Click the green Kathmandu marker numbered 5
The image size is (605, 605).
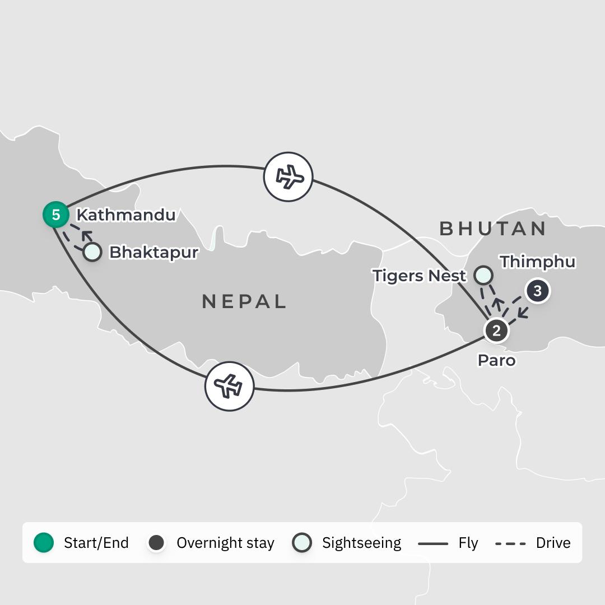(56, 215)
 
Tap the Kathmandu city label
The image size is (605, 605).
(125, 215)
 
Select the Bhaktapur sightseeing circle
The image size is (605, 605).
(92, 252)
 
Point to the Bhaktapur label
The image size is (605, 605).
(153, 252)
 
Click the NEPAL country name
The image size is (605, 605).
(244, 301)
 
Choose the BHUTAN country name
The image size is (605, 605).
(493, 228)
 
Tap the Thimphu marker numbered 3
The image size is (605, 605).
(538, 291)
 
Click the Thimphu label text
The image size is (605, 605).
(538, 262)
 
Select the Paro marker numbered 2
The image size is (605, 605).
(496, 330)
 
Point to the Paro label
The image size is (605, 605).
(496, 360)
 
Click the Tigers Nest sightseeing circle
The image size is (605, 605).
(483, 275)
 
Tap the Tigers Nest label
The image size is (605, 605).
(419, 276)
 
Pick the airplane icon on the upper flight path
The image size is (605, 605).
(288, 176)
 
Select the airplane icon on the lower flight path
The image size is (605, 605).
(229, 387)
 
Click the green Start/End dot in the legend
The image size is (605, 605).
(44, 542)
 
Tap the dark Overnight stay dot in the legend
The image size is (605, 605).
(156, 542)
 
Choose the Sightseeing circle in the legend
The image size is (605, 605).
(302, 542)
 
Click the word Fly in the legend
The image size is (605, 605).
(468, 543)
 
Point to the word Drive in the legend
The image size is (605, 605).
(553, 543)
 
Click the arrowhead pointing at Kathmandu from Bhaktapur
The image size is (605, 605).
(86, 233)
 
